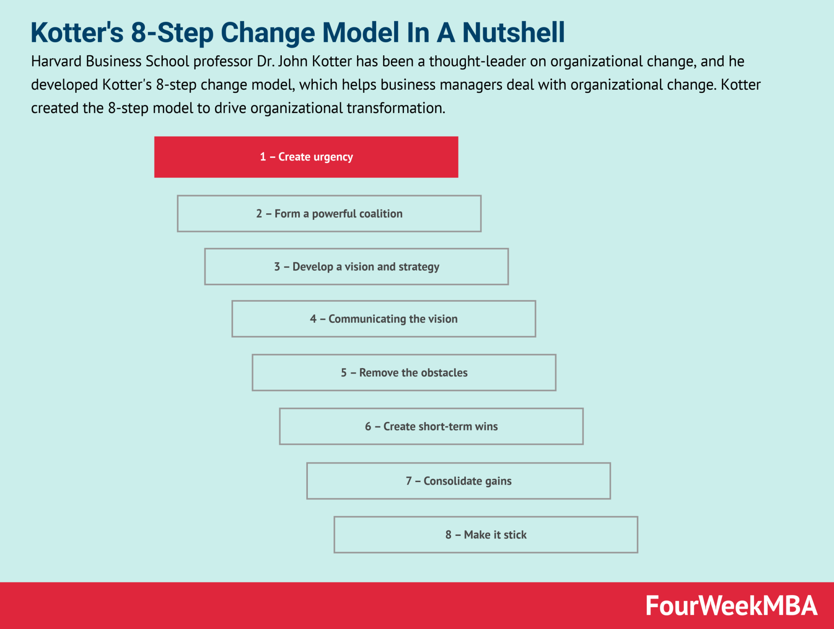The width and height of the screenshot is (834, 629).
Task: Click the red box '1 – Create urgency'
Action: coord(306,157)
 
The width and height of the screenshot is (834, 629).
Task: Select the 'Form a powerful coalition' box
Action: coord(329,214)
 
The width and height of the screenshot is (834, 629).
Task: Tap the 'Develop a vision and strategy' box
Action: coord(356,267)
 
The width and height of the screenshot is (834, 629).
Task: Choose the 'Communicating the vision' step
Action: coord(384,319)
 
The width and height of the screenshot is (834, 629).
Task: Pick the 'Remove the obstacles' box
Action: coord(404,373)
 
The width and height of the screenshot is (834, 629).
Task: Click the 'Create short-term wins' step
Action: coord(431,426)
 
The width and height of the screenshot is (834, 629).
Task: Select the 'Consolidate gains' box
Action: coord(459,481)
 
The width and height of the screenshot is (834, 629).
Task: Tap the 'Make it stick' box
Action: coord(486,535)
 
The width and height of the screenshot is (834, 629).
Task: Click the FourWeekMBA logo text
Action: coord(731,606)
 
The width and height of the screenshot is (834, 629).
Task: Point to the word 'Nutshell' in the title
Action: coord(514,33)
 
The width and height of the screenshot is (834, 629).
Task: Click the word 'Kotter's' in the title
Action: coord(77,33)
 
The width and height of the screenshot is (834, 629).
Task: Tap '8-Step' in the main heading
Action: coord(172,33)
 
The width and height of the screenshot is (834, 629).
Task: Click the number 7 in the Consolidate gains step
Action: coord(409,481)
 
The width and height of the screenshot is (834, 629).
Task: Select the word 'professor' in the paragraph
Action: coord(223,61)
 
